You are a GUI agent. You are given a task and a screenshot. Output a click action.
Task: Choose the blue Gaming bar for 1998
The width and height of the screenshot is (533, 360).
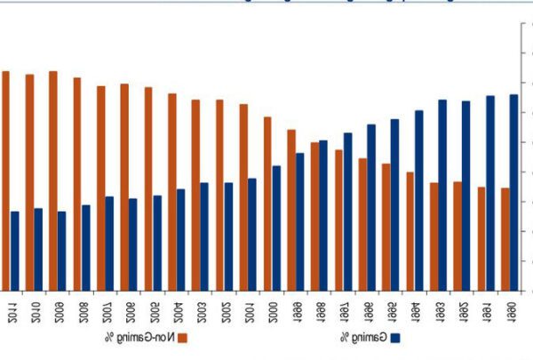click(323, 214)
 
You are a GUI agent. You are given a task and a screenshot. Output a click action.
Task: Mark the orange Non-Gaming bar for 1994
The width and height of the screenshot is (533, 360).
click(410, 230)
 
